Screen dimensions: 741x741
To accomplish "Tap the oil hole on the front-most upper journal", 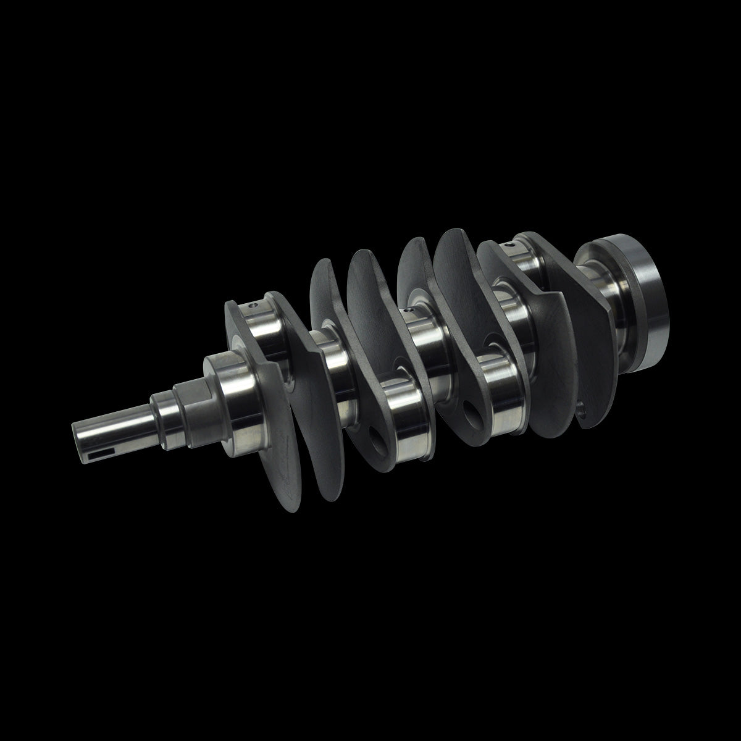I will (x=252, y=305).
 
